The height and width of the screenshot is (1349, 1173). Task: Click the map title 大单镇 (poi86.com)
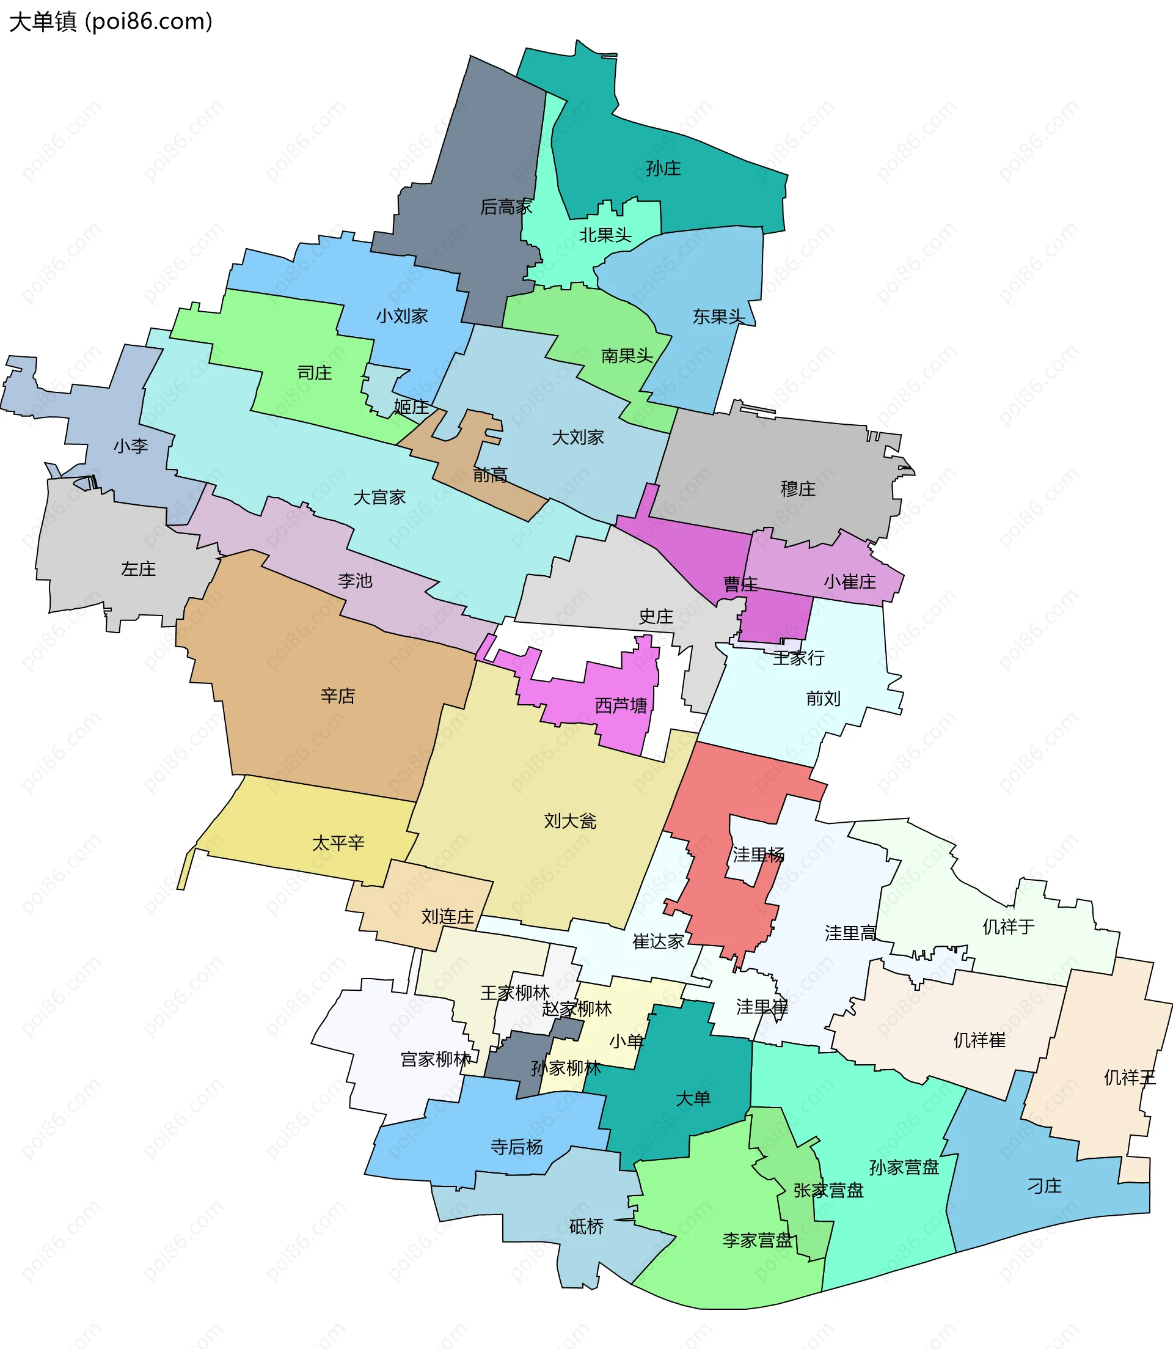tap(111, 21)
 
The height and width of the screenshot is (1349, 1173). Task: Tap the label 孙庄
tap(663, 169)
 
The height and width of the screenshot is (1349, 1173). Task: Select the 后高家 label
tap(506, 207)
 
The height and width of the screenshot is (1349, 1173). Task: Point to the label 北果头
tap(605, 235)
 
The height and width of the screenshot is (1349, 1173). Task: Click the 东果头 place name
tap(718, 317)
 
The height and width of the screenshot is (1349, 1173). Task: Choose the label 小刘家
tap(401, 316)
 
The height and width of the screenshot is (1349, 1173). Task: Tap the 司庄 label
tap(314, 373)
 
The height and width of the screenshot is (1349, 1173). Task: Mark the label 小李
tap(131, 446)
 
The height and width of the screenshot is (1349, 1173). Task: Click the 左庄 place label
tap(138, 568)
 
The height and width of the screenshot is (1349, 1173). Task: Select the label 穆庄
tap(798, 488)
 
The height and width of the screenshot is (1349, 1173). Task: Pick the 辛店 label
tap(338, 696)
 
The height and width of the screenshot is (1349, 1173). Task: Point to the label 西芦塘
tap(621, 705)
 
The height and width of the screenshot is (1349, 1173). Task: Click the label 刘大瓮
tap(570, 820)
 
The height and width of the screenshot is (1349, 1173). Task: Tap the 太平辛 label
tap(338, 843)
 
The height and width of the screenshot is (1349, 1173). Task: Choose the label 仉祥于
tap(1008, 927)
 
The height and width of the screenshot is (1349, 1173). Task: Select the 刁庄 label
tap(1044, 1185)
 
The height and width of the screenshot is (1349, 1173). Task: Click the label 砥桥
tap(586, 1226)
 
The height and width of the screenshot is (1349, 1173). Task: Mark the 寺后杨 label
tap(516, 1147)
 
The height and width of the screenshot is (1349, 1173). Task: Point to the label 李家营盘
tap(758, 1240)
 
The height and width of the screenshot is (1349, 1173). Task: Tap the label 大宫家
tap(379, 497)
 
